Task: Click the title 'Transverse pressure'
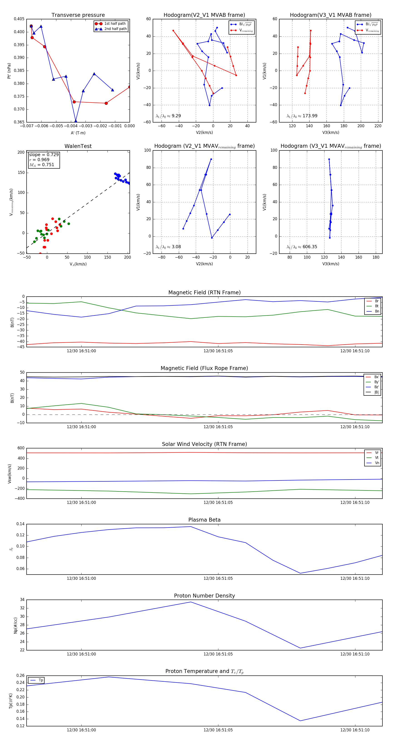(78, 15)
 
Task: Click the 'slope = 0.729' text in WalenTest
(44, 155)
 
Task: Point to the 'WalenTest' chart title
(78, 146)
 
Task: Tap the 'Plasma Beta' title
(204, 520)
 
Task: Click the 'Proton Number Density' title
(204, 596)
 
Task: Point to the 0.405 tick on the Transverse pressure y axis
(19, 19)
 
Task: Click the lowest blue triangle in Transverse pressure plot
(76, 121)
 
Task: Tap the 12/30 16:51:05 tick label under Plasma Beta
(218, 578)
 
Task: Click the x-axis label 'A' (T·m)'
(78, 133)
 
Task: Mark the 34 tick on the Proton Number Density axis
(22, 600)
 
